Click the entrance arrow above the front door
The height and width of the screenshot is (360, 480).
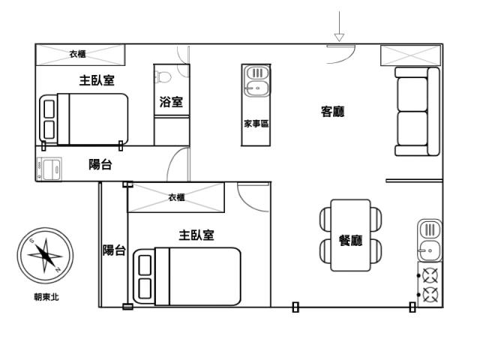[x=339, y=26]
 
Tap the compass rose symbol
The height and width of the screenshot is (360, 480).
[x=45, y=255]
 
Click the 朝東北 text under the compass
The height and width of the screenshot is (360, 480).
[x=46, y=297]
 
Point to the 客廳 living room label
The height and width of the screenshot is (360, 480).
[x=332, y=112]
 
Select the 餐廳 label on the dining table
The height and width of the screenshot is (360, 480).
[x=350, y=240]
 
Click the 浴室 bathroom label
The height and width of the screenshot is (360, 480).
[x=171, y=102]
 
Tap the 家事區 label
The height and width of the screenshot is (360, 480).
[x=256, y=124]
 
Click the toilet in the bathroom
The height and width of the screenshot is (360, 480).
[x=163, y=76]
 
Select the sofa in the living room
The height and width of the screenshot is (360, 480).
[x=417, y=112]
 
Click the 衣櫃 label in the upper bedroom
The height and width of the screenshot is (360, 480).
[x=77, y=54]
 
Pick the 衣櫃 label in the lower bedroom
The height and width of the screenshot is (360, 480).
[x=176, y=197]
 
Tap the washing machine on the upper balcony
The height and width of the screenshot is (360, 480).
[x=49, y=169]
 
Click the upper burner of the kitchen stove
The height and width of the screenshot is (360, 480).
[x=430, y=275]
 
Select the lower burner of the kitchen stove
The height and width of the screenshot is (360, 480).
[x=430, y=295]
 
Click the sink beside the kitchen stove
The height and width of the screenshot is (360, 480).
[x=430, y=241]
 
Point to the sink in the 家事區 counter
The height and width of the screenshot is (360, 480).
[x=257, y=82]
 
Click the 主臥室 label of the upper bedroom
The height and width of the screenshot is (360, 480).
[x=97, y=80]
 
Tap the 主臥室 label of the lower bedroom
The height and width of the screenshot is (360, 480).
[x=196, y=235]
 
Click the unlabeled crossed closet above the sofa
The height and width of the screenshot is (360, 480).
[x=410, y=55]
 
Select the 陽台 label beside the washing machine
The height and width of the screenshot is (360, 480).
[x=100, y=164]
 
